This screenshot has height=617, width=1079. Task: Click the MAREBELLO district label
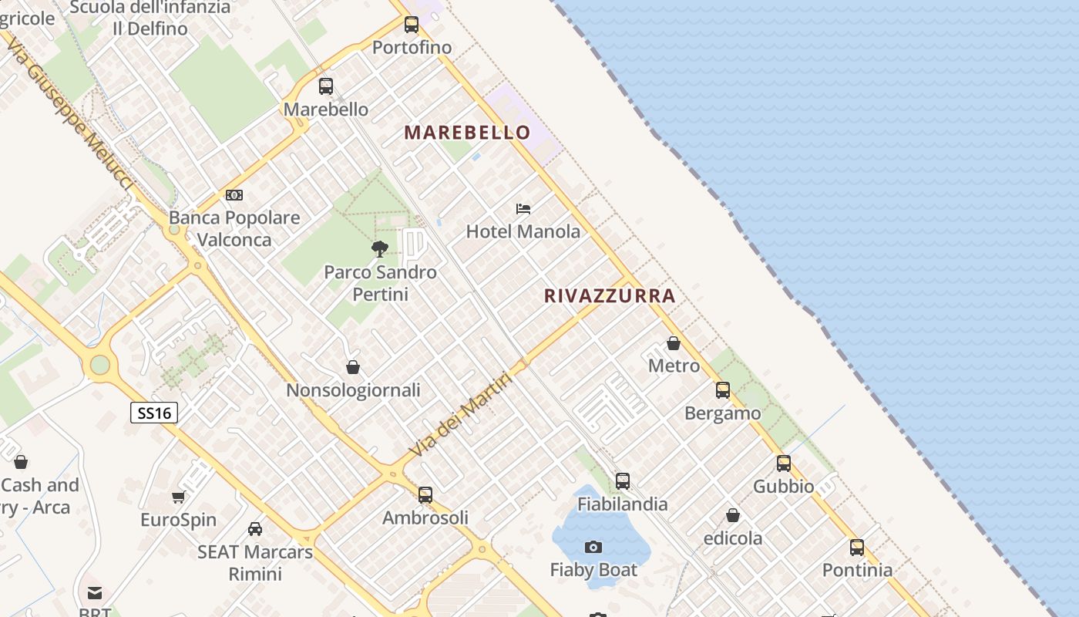pos(467,132)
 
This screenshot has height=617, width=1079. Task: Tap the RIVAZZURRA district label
pos(610,295)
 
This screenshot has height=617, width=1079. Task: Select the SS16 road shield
pos(154,413)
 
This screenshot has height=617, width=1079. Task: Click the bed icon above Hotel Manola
pos(523,208)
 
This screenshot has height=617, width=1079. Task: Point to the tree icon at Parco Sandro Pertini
pos(379,248)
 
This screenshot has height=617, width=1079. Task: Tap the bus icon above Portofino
pos(412,25)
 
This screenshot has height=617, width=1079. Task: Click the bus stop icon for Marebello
pos(326,86)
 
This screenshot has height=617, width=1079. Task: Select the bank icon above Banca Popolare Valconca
pos(234,195)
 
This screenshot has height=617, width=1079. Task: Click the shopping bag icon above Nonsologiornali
pos(353,367)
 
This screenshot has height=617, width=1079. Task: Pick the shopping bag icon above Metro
pos(674,343)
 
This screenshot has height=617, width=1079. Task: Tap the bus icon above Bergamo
pos(723,390)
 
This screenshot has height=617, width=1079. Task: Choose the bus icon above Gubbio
pos(784,464)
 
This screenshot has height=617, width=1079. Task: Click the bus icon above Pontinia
pos(857,548)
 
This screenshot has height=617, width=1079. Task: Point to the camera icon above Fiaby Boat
pos(593,548)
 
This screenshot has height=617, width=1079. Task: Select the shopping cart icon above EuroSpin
pos(179,497)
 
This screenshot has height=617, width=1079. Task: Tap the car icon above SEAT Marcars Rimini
pos(255,529)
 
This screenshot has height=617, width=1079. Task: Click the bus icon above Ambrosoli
pos(425,495)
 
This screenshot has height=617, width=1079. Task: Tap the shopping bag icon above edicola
pos(733,515)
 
